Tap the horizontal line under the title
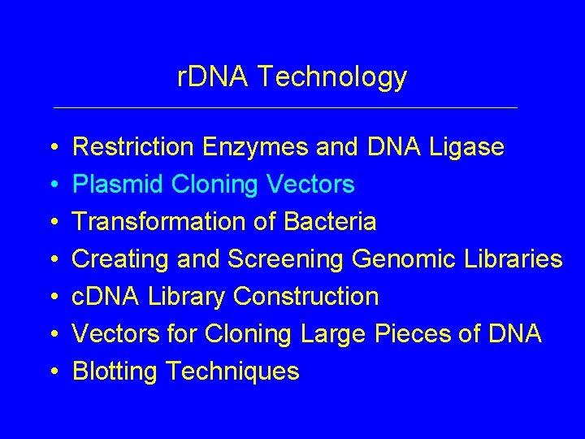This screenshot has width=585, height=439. point(284,107)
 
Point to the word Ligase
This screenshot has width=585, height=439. point(465,147)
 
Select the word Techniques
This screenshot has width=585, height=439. point(232,372)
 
